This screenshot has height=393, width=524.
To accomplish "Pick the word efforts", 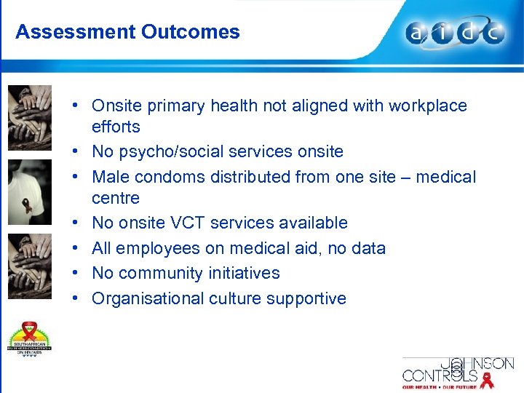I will click(116, 127).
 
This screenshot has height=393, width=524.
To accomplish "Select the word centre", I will click(116, 198).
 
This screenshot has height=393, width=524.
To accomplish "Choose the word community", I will click(162, 273).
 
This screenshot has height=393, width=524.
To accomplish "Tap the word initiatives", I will click(245, 273).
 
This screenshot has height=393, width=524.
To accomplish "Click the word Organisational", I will click(148, 298).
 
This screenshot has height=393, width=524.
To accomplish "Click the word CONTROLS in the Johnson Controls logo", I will click(440, 376).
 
